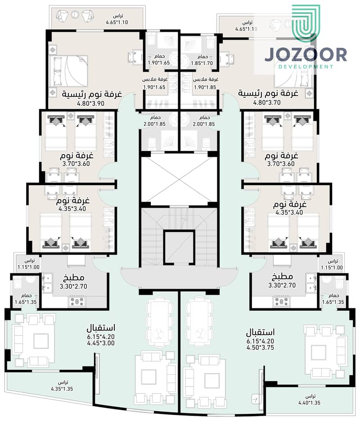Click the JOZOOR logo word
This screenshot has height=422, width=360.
(306, 55)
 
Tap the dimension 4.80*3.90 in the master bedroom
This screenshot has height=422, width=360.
(90, 103)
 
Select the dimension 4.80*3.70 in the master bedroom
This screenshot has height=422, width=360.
(267, 103)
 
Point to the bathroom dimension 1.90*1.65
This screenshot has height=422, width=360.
(159, 63)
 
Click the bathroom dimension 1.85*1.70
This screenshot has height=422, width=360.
(202, 63)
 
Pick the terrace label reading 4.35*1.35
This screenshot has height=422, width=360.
(62, 389)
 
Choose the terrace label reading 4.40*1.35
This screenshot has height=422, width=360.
(309, 403)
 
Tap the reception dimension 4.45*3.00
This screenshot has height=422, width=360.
(101, 343)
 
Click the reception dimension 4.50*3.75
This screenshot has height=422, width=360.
(260, 347)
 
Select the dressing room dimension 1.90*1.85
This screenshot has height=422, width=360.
(205, 87)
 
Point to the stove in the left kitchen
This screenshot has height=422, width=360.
(77, 301)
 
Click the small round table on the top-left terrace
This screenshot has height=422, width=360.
(75, 14)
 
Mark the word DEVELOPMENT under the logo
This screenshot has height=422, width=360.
(306, 67)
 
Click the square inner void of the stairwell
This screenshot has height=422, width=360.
(179, 247)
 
